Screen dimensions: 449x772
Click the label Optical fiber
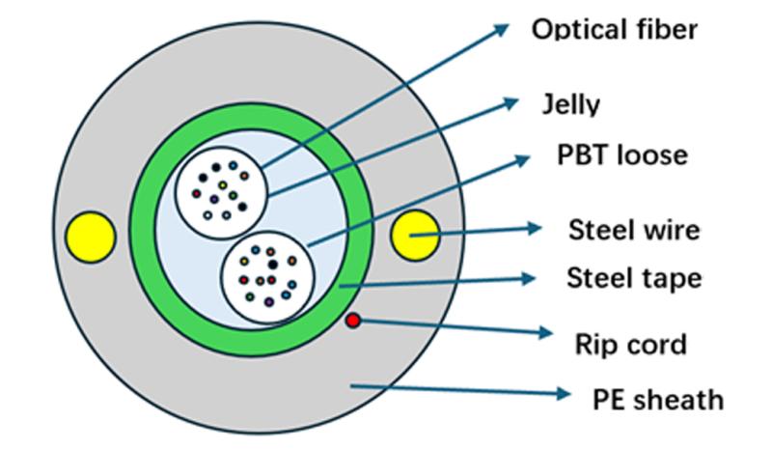pyautogui.click(x=614, y=29)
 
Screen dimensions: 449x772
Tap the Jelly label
pyautogui.click(x=572, y=103)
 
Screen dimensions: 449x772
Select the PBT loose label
pyautogui.click(x=622, y=154)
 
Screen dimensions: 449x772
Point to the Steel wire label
pyautogui.click(x=633, y=230)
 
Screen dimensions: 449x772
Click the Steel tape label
pyautogui.click(x=633, y=279)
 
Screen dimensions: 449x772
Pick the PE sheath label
pyautogui.click(x=657, y=398)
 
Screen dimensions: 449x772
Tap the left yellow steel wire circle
pyautogui.click(x=91, y=236)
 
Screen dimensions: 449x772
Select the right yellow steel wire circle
pyautogui.click(x=415, y=235)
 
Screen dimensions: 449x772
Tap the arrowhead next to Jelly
pyautogui.click(x=513, y=101)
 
